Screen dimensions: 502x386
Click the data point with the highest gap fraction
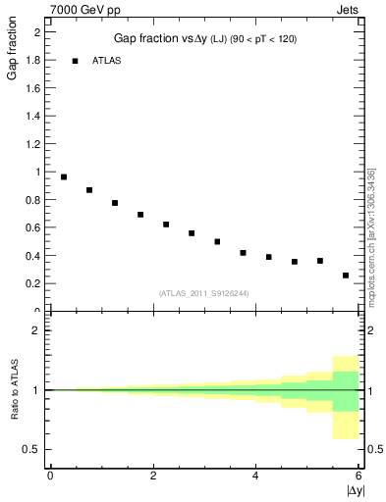(64, 177)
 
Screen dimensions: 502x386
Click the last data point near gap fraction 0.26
(346, 276)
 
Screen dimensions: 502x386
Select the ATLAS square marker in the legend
(75, 61)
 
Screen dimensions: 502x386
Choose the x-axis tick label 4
(256, 476)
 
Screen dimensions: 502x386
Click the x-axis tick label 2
(153, 476)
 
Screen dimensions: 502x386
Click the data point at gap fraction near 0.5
(217, 241)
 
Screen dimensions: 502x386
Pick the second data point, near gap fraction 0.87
(89, 190)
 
